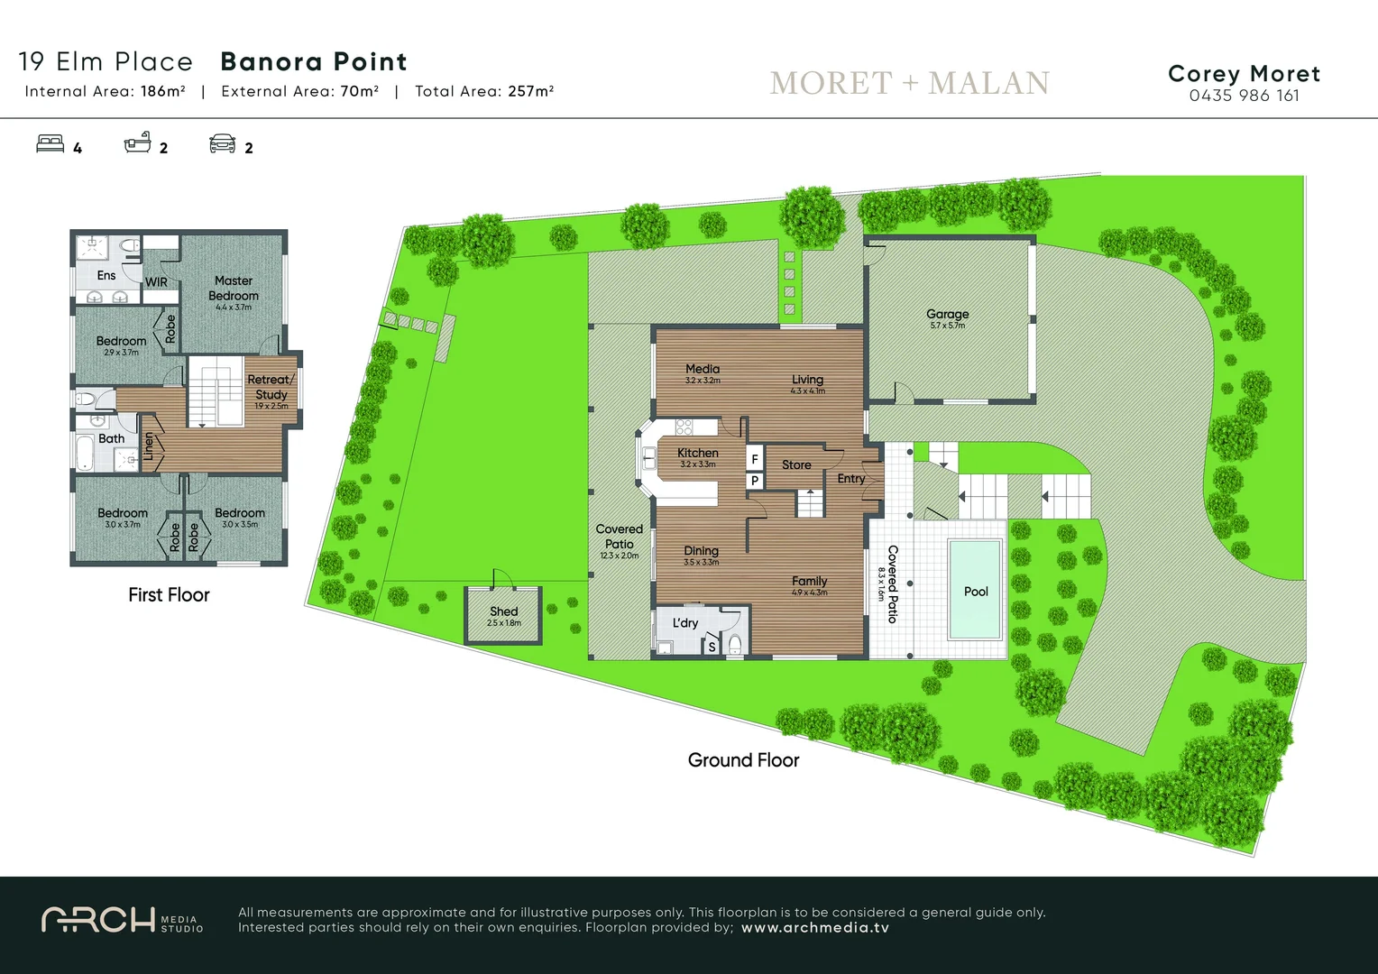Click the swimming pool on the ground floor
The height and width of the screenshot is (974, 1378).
click(x=975, y=589)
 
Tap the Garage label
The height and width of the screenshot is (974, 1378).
click(x=947, y=314)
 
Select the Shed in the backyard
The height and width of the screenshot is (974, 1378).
click(x=503, y=615)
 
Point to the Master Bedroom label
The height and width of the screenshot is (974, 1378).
click(x=234, y=289)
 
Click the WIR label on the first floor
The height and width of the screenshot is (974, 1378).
click(x=156, y=282)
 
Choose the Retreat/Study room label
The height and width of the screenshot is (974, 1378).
click(x=271, y=387)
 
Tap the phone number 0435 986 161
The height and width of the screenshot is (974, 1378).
click(x=1244, y=96)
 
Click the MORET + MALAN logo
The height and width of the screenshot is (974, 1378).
click(x=909, y=83)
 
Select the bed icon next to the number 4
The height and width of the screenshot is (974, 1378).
click(x=50, y=144)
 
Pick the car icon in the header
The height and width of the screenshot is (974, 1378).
click(x=222, y=144)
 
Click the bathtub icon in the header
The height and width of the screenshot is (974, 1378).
click(x=137, y=143)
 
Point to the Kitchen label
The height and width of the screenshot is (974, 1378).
click(x=697, y=453)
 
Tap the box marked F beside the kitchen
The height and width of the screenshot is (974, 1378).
click(x=755, y=459)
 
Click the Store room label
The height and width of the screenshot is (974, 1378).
click(x=796, y=465)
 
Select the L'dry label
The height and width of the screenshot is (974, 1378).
click(x=685, y=623)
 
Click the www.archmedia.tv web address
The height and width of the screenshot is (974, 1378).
click(x=814, y=928)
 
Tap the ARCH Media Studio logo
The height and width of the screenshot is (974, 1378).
click(x=122, y=920)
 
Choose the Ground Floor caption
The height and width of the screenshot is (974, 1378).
click(x=743, y=760)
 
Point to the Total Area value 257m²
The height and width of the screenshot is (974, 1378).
click(x=530, y=91)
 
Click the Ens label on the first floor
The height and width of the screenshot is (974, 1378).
click(x=106, y=276)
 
